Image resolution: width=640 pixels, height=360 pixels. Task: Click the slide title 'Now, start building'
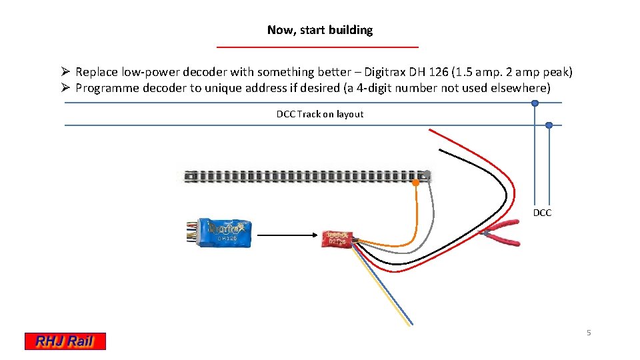319,30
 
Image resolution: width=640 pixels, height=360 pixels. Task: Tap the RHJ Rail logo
65,341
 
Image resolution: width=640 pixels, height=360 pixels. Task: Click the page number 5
588,333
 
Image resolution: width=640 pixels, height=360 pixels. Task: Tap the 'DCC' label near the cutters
542,213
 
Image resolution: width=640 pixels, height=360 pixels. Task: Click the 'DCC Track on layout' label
320,114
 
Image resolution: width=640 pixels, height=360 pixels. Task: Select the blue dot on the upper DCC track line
535,103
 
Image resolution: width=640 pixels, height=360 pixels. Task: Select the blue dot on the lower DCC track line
549,125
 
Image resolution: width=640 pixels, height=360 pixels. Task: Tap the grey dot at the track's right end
427,175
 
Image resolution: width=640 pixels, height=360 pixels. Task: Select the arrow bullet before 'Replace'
65,72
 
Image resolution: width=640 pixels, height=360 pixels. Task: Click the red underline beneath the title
318,47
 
